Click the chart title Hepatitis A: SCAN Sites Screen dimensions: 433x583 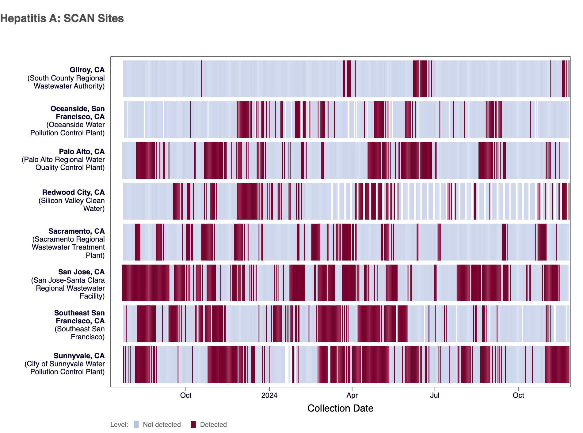[62, 18]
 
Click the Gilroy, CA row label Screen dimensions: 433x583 [87, 70]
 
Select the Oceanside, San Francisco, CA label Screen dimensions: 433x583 [78, 113]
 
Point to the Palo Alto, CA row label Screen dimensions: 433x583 [82, 152]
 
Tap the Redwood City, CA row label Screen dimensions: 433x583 [73, 192]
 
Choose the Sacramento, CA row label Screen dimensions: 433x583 [76, 231]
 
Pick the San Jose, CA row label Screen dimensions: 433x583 [81, 272]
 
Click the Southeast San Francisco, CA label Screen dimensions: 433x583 [79, 317]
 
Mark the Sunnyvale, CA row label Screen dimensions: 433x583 [79, 356]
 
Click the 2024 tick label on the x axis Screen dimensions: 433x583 [269, 395]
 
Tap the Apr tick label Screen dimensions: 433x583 [352, 395]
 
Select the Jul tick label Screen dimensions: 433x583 [435, 395]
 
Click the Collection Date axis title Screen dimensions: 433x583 [340, 408]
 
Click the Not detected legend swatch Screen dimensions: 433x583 [136, 424]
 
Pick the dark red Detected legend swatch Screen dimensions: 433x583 [193, 424]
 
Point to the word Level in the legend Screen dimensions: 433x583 [119, 425]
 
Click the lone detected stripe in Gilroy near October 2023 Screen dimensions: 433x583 [201, 79]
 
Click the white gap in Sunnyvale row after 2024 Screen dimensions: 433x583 [287, 364]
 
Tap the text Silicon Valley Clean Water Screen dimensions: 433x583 [72, 205]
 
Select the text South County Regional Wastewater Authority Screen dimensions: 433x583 [66, 82]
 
